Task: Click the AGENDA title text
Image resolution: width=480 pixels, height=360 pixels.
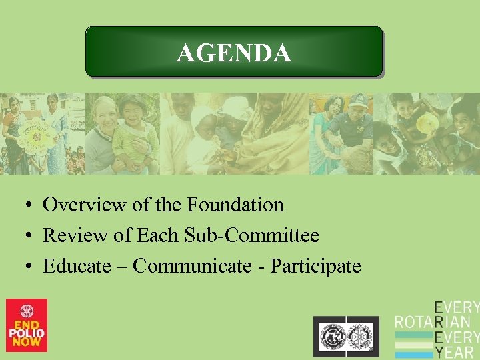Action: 233,53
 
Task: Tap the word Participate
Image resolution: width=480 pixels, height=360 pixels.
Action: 315,266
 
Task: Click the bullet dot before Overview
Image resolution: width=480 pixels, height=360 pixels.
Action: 31,205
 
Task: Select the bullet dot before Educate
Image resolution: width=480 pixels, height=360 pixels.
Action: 31,267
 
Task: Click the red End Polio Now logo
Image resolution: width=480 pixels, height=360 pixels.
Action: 27,325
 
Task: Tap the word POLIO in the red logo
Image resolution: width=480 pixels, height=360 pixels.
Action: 27,333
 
